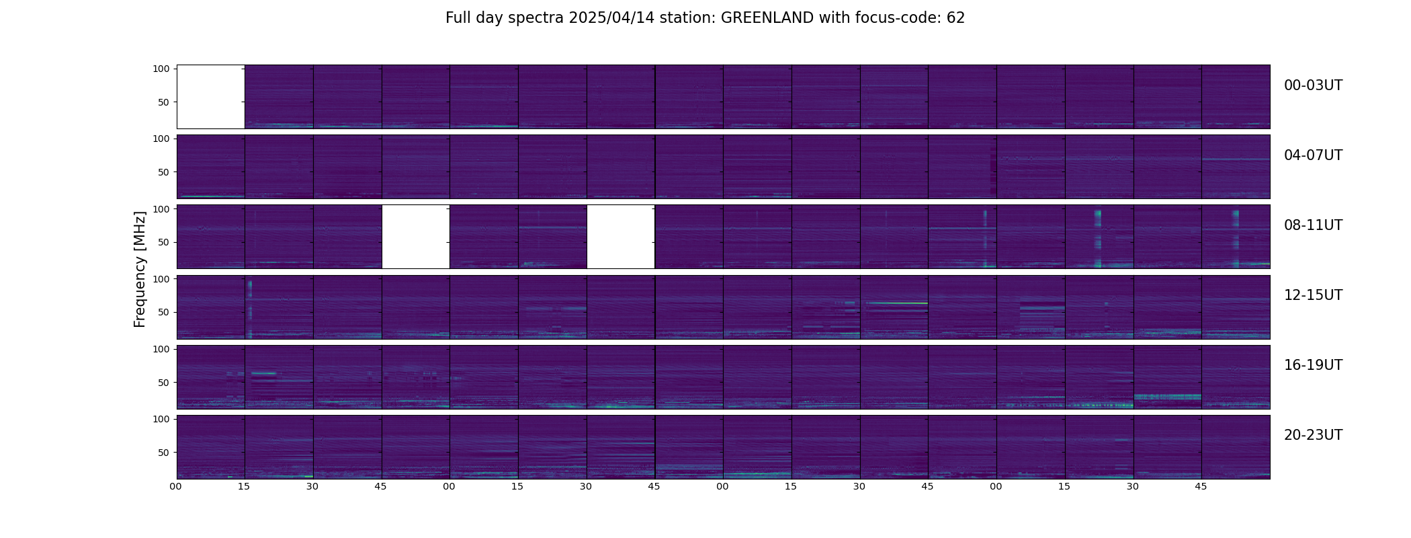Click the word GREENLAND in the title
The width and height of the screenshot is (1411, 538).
point(767,18)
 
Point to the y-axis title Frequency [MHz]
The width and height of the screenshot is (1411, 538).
point(140,269)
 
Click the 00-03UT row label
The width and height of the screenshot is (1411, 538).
point(1313,85)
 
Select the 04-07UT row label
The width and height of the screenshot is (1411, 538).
point(1313,155)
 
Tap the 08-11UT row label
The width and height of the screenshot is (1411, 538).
point(1313,225)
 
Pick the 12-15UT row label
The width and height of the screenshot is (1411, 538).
point(1313,295)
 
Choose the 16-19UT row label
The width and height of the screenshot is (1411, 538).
point(1313,365)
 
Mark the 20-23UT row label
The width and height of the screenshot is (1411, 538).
point(1313,435)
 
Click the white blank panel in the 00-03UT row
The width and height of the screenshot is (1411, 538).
point(210,97)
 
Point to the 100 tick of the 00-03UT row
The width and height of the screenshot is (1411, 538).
point(161,69)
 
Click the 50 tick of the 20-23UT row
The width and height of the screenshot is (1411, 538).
point(164,453)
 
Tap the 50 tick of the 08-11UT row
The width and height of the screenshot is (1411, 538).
point(164,242)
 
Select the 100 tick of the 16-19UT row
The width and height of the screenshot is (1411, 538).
point(161,349)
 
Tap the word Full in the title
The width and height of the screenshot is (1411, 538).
point(457,18)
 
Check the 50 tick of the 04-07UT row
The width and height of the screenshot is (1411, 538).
point(164,172)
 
